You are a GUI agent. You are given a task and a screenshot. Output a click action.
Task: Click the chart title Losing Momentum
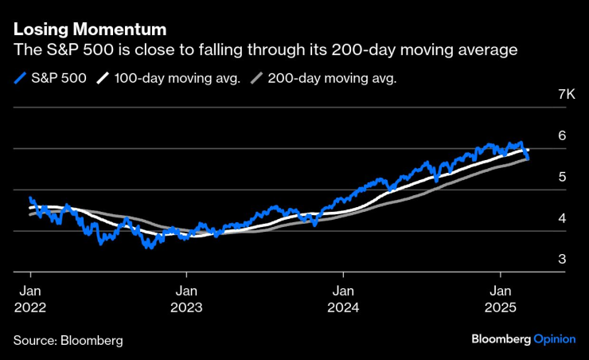pos(89,30)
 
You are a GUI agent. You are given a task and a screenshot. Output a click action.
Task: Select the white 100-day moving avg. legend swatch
pos(103,78)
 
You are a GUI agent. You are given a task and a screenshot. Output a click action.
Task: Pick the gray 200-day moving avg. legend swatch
pos(256,78)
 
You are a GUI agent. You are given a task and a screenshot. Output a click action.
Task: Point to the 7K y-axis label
pos(566,94)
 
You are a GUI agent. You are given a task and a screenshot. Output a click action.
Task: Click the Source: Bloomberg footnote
pos(68,340)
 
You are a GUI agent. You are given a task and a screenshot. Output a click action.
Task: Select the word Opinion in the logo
pos(555,338)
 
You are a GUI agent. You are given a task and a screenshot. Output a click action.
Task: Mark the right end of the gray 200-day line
pos(527,159)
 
